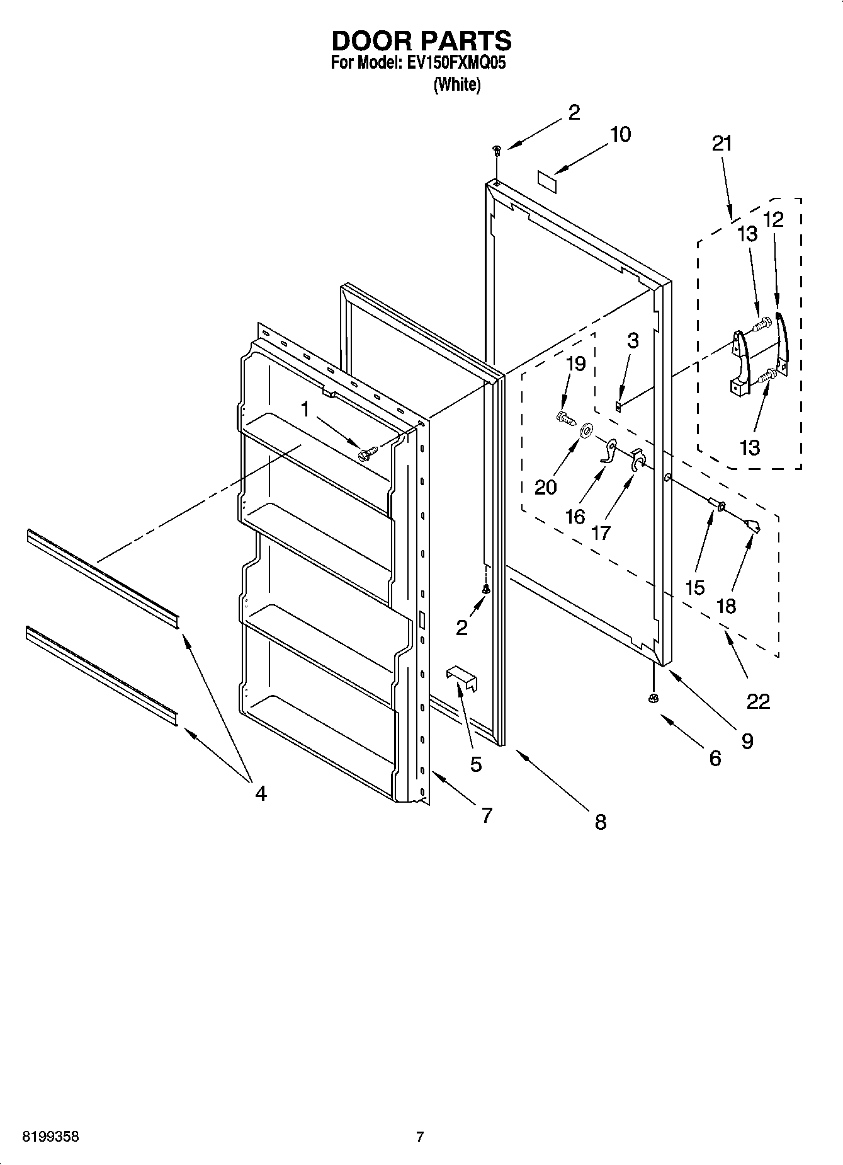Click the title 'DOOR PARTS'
click(421, 41)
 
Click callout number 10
click(620, 135)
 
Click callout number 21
click(722, 144)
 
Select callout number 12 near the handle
click(774, 219)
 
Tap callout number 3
click(633, 340)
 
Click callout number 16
click(575, 517)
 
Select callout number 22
click(758, 701)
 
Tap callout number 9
click(747, 741)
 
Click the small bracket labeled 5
click(462, 675)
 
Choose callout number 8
click(600, 822)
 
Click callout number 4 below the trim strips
click(260, 793)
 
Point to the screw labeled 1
click(367, 452)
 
